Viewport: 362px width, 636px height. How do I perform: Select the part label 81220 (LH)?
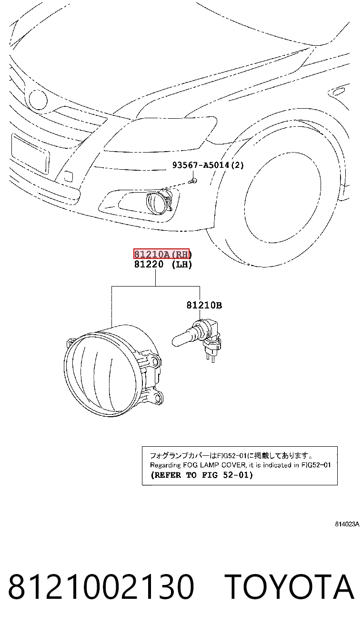point(163,264)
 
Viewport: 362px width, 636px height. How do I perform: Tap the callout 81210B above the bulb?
point(204,305)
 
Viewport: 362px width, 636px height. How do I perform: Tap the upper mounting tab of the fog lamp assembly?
point(154,361)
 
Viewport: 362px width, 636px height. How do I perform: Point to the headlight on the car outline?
point(161,133)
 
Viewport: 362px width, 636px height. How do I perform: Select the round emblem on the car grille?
point(38,99)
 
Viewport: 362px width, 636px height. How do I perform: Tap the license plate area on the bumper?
point(30,154)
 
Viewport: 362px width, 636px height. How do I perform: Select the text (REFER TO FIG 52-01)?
point(201,475)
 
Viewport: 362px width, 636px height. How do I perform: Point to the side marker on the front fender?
point(337,91)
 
